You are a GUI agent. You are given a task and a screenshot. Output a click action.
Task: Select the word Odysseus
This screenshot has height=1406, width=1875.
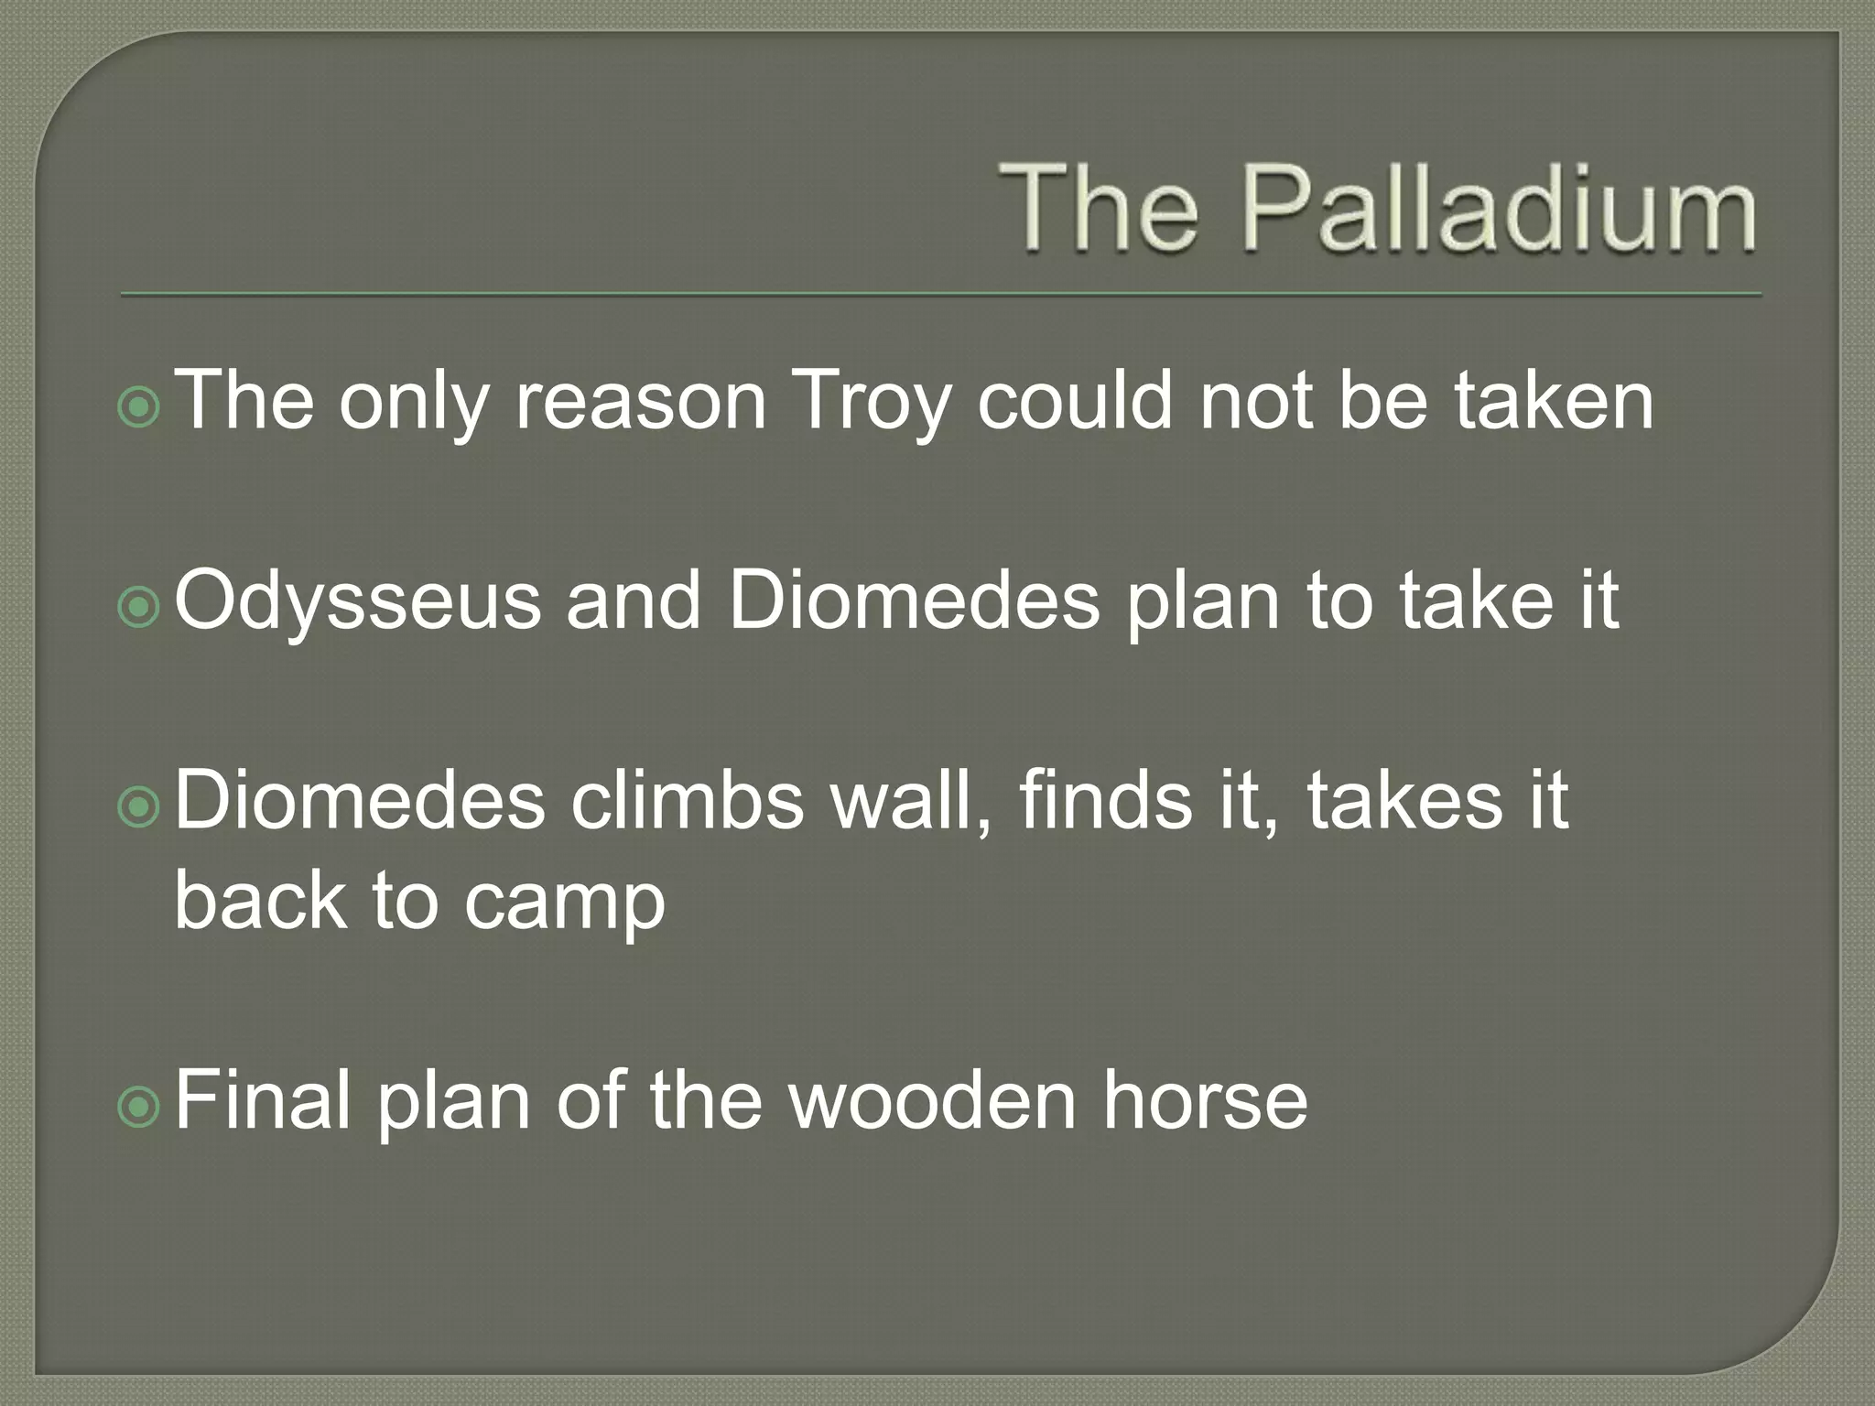coord(357,601)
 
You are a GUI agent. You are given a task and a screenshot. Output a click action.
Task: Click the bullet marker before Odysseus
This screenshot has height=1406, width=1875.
coord(140,607)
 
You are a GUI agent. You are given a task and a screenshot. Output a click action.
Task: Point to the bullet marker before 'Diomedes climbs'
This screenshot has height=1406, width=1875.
coord(140,806)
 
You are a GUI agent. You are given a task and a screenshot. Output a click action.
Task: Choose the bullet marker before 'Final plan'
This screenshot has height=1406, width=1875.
coord(140,1107)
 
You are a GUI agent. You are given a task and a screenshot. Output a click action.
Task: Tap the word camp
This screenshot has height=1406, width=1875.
coord(564,901)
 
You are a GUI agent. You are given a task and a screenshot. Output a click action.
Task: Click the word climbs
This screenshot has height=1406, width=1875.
coord(687,801)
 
